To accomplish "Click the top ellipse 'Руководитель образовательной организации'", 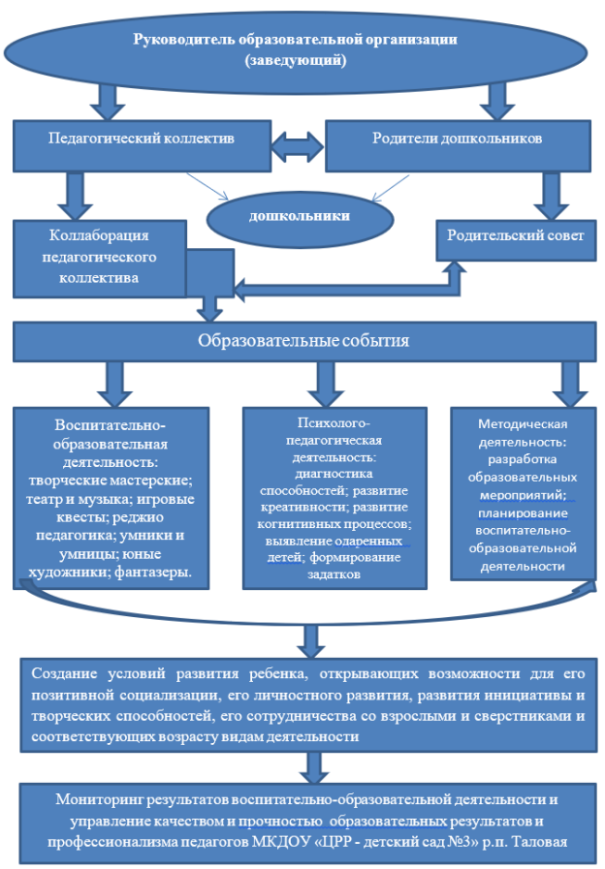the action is coord(295,49).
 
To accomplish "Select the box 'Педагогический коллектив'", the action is coord(142,145).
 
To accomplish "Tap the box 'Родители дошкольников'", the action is coord(458,145).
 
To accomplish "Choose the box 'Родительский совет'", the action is coord(516,240).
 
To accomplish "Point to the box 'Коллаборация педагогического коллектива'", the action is coord(100,259).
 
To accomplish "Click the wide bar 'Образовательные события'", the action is coord(303,342).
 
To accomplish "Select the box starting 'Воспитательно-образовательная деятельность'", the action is coord(111,498).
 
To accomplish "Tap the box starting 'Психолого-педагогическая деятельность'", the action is coord(334,498).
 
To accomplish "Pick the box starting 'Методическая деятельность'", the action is coord(523,494).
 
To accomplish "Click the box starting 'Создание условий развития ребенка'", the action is coord(308,705).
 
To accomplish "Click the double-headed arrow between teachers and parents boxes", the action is coord(298,146).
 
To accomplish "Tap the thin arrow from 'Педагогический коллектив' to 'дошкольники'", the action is coord(207,186).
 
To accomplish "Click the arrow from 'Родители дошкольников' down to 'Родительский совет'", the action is coord(552,197).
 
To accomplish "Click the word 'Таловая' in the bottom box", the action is coord(540,842).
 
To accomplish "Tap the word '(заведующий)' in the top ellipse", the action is coord(296,60).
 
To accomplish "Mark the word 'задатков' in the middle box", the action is coord(334,574).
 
